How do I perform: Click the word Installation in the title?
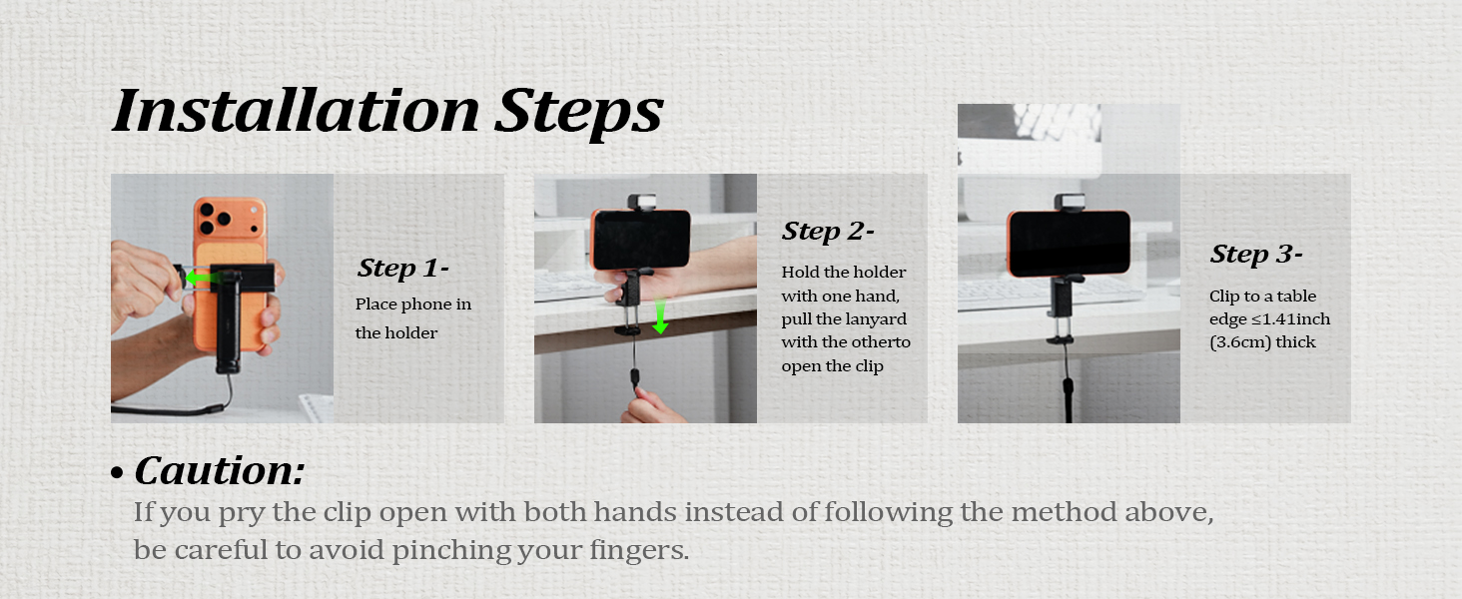(296, 111)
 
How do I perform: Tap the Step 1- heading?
(402, 269)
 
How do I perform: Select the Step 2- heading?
(828, 231)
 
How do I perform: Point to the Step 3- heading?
(1255, 254)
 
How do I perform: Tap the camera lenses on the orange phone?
(215, 218)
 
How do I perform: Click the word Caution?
(220, 470)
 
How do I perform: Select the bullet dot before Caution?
(117, 473)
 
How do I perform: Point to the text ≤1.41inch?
(1290, 319)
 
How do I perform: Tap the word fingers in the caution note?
(638, 550)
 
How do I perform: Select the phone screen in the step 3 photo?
(1070, 242)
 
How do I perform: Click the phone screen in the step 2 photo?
(641, 239)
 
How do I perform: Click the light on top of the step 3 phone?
(1070, 202)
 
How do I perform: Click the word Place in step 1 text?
(375, 304)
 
